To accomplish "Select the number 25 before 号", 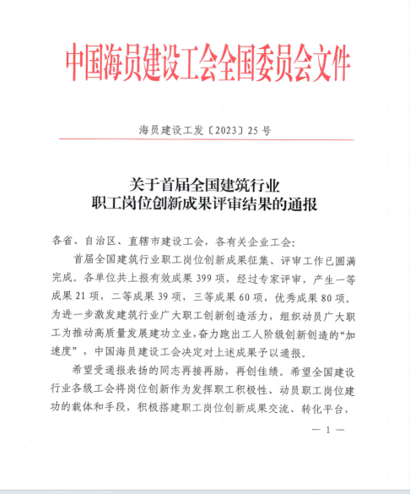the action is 256,131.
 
